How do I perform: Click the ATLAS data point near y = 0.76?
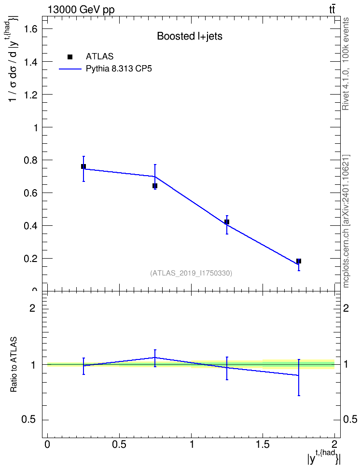tap(83, 166)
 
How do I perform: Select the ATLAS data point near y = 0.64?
tap(155, 186)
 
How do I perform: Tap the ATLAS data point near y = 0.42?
tap(226, 222)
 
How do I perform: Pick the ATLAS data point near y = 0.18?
tap(298, 261)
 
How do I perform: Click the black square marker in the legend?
tap(70, 57)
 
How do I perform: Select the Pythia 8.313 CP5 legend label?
tap(119, 69)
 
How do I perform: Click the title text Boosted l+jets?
tap(190, 36)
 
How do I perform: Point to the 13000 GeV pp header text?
tap(81, 10)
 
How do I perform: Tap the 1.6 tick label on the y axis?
tap(31, 29)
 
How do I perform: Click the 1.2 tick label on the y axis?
tap(31, 95)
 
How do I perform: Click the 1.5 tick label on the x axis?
tap(263, 444)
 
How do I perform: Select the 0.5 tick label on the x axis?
tap(119, 444)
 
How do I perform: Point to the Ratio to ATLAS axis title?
tap(14, 365)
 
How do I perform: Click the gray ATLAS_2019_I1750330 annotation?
tap(191, 273)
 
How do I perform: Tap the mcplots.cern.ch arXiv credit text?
tap(346, 221)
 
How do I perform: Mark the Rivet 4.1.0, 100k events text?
tap(346, 64)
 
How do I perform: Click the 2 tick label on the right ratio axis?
tap(346, 308)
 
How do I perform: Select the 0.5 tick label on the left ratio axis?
tap(28, 420)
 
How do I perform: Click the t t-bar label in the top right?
tap(332, 10)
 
